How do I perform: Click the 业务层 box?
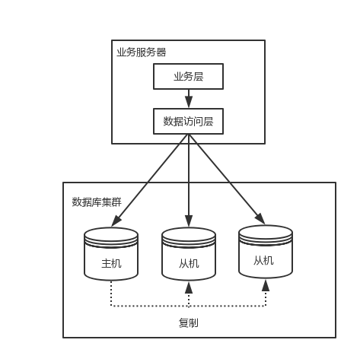(x=189, y=77)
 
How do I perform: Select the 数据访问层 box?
(x=189, y=121)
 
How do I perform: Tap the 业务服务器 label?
(x=142, y=52)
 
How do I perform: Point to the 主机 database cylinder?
(x=111, y=255)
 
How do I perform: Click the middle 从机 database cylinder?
(x=189, y=255)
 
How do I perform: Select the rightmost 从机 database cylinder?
(x=265, y=251)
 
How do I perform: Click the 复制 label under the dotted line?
(x=189, y=322)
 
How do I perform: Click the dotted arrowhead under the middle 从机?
(x=189, y=287)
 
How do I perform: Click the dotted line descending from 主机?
(x=111, y=293)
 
